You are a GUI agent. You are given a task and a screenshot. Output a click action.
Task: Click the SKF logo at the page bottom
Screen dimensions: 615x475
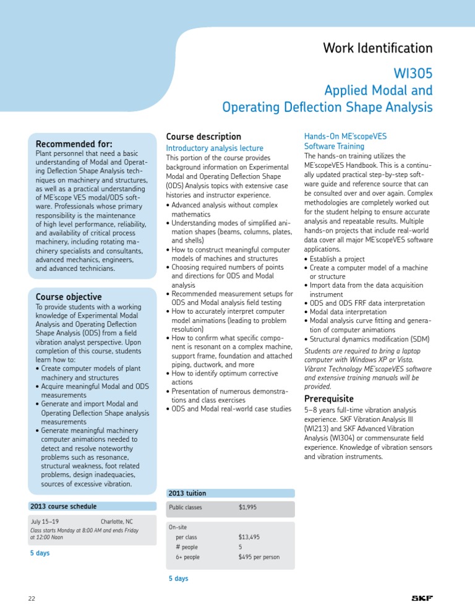[x=422, y=598]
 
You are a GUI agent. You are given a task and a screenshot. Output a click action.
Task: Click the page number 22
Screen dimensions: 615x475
[x=32, y=598]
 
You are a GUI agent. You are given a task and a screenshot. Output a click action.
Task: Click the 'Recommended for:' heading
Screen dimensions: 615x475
[x=74, y=144]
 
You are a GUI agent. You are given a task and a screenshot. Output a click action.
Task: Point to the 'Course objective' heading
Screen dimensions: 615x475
[x=69, y=296]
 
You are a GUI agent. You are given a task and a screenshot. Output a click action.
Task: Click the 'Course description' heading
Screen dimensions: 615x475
[x=203, y=136]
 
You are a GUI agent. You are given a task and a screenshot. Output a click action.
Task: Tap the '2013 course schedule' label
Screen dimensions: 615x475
[x=63, y=506]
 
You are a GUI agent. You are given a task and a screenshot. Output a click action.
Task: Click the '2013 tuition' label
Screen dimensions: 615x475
[x=187, y=493]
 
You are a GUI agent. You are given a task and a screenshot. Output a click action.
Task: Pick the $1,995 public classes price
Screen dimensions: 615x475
[x=247, y=507]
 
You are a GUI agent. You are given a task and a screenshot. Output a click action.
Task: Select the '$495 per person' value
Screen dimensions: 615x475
[x=259, y=557]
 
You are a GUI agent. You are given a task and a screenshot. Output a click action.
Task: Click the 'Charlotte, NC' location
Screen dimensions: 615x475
[x=116, y=522]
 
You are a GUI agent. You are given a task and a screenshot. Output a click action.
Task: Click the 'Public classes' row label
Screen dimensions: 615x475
[x=186, y=507]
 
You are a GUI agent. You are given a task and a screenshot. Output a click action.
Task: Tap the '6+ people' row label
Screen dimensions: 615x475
[x=187, y=557]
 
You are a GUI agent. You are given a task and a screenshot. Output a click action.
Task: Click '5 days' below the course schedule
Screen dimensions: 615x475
[x=40, y=553]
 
